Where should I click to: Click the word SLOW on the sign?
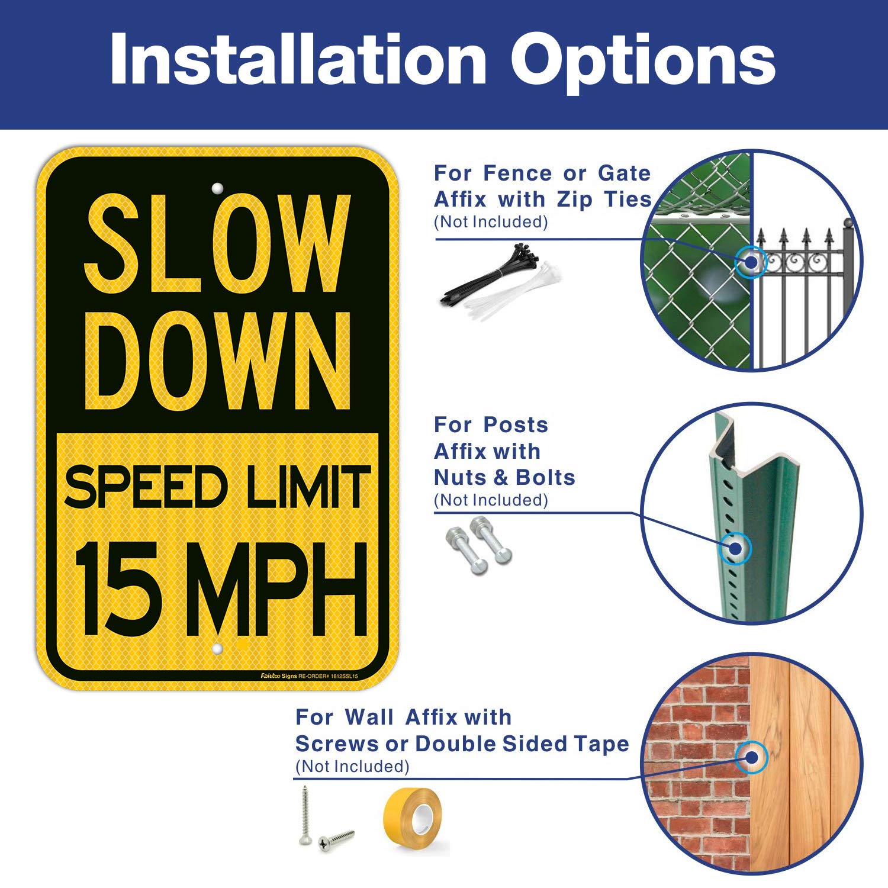(x=218, y=244)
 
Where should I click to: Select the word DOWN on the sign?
(x=218, y=361)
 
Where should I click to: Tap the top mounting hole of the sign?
(x=217, y=189)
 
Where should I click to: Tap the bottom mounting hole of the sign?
(x=217, y=649)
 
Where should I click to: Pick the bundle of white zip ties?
(x=515, y=293)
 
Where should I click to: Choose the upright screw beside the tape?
(x=305, y=814)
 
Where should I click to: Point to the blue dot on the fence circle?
(x=751, y=262)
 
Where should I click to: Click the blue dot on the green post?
(x=735, y=548)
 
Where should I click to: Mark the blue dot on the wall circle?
(x=752, y=757)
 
